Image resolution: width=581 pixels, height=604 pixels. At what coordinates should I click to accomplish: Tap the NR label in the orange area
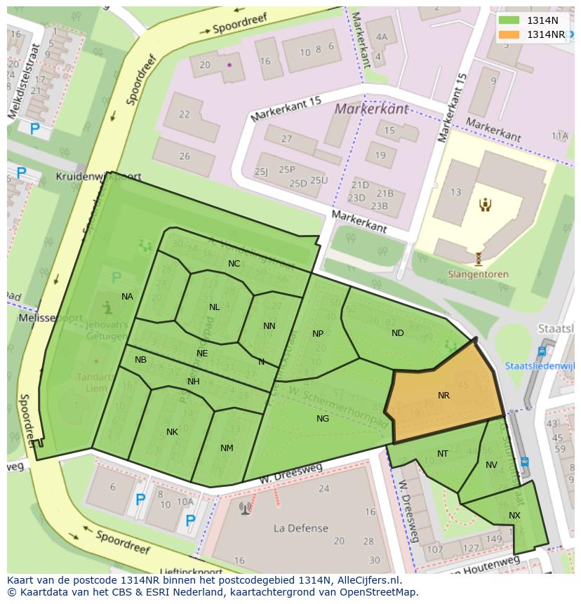click(443, 396)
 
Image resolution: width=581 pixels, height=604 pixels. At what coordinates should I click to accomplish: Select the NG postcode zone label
click(323, 419)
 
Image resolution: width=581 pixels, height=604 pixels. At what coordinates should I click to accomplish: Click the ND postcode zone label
click(398, 333)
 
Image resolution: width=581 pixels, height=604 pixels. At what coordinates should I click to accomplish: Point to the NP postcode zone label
click(318, 334)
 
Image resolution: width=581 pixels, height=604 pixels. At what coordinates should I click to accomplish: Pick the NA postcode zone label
click(127, 297)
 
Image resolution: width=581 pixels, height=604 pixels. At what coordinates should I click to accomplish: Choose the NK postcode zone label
click(172, 432)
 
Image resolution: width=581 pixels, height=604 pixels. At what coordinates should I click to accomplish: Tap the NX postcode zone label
click(515, 516)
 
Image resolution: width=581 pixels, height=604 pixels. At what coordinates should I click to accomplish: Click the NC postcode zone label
click(234, 264)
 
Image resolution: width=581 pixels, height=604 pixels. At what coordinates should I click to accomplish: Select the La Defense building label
click(301, 528)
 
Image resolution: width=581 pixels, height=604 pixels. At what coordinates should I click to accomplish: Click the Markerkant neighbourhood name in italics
click(371, 109)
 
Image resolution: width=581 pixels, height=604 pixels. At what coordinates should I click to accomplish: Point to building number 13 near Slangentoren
click(456, 192)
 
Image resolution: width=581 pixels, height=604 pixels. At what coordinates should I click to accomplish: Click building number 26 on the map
click(185, 156)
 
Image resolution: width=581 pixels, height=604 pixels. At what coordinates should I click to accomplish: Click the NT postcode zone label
click(443, 454)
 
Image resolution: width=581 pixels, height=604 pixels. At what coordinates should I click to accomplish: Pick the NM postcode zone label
click(227, 448)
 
